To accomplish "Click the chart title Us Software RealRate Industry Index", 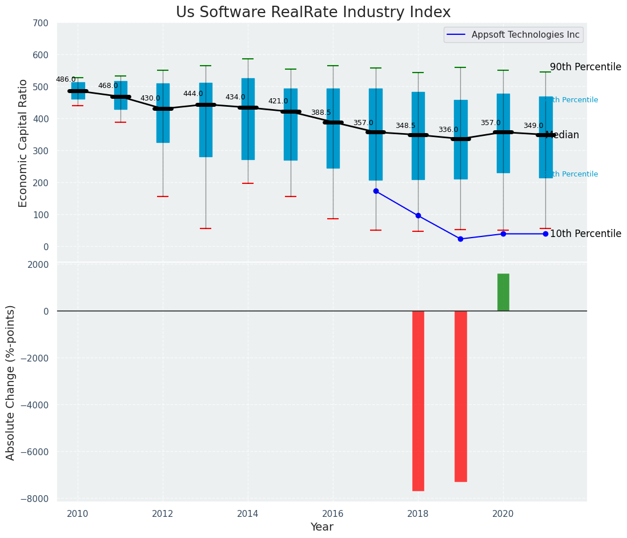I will coord(313,12).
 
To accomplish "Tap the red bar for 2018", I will coord(418,400).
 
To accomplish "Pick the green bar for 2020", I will coord(503,292).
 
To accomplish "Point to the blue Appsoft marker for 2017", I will coord(376,191).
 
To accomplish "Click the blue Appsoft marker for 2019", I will coord(460,239).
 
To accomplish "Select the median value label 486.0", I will coord(66,79).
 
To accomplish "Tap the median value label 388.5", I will coord(321,113).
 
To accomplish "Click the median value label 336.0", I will coord(448,130).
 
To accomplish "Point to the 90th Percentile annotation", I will coord(585,67).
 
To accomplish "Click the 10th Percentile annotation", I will coord(585,234).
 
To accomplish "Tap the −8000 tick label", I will coord(35,499).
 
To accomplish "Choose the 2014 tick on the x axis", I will coord(248,513).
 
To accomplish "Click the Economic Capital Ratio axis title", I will coord(23,143).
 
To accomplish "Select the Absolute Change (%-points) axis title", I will coord(11,382).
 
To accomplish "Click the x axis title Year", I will coord(322,527).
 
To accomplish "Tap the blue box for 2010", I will coord(78,90).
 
